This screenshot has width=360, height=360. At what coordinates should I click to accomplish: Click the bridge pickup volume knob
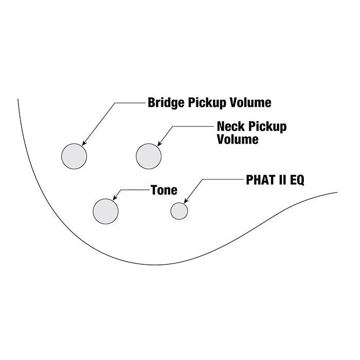pyautogui.click(x=74, y=156)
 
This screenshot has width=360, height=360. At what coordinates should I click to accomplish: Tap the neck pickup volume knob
pyautogui.click(x=149, y=156)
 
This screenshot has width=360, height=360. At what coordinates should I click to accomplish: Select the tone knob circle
pyautogui.click(x=105, y=210)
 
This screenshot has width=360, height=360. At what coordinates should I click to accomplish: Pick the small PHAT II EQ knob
pyautogui.click(x=179, y=210)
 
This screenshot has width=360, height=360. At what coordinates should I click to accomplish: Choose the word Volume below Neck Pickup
pyautogui.click(x=238, y=139)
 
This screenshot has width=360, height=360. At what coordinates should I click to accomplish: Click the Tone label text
pyautogui.click(x=164, y=190)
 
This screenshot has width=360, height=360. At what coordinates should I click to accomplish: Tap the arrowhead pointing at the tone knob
pyautogui.click(x=114, y=199)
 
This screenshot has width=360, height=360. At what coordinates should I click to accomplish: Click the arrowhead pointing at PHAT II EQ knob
pyautogui.click(x=186, y=200)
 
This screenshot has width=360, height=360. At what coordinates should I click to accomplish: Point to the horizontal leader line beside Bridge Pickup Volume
pyautogui.click(x=129, y=103)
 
